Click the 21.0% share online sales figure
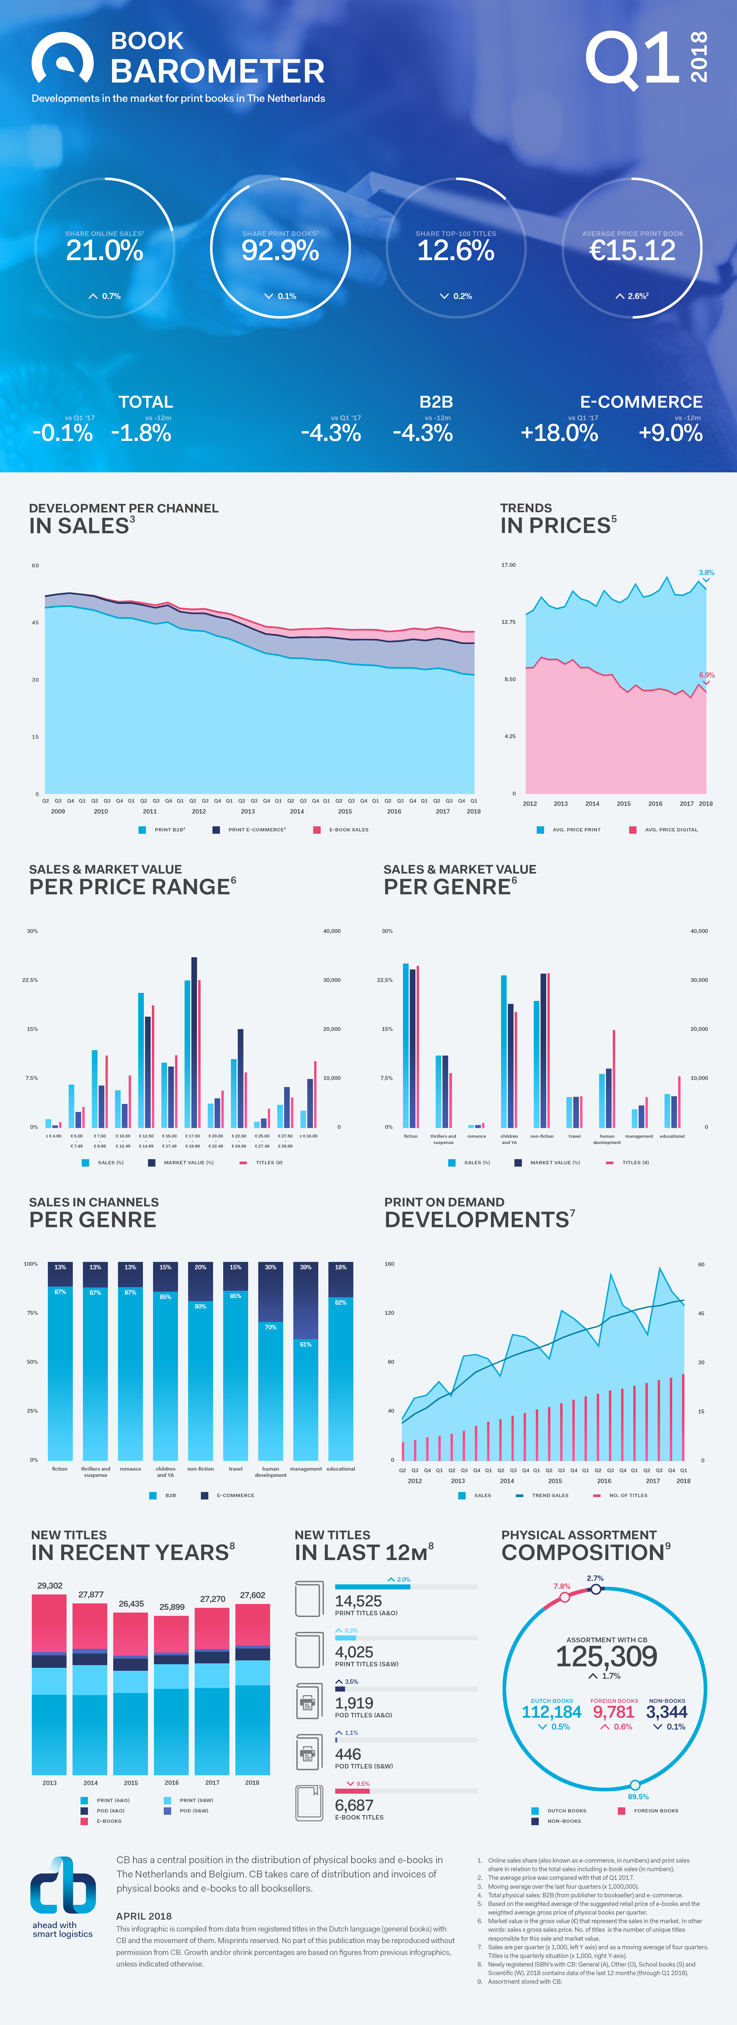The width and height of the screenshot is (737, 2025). click(x=105, y=251)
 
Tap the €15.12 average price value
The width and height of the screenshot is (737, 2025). click(x=632, y=251)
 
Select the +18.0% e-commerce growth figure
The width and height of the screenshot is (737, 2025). click(x=559, y=432)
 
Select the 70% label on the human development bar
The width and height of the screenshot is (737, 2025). click(x=270, y=1327)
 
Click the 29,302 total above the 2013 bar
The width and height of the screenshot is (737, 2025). click(x=50, y=1586)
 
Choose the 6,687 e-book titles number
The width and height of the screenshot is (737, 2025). click(x=354, y=1805)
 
